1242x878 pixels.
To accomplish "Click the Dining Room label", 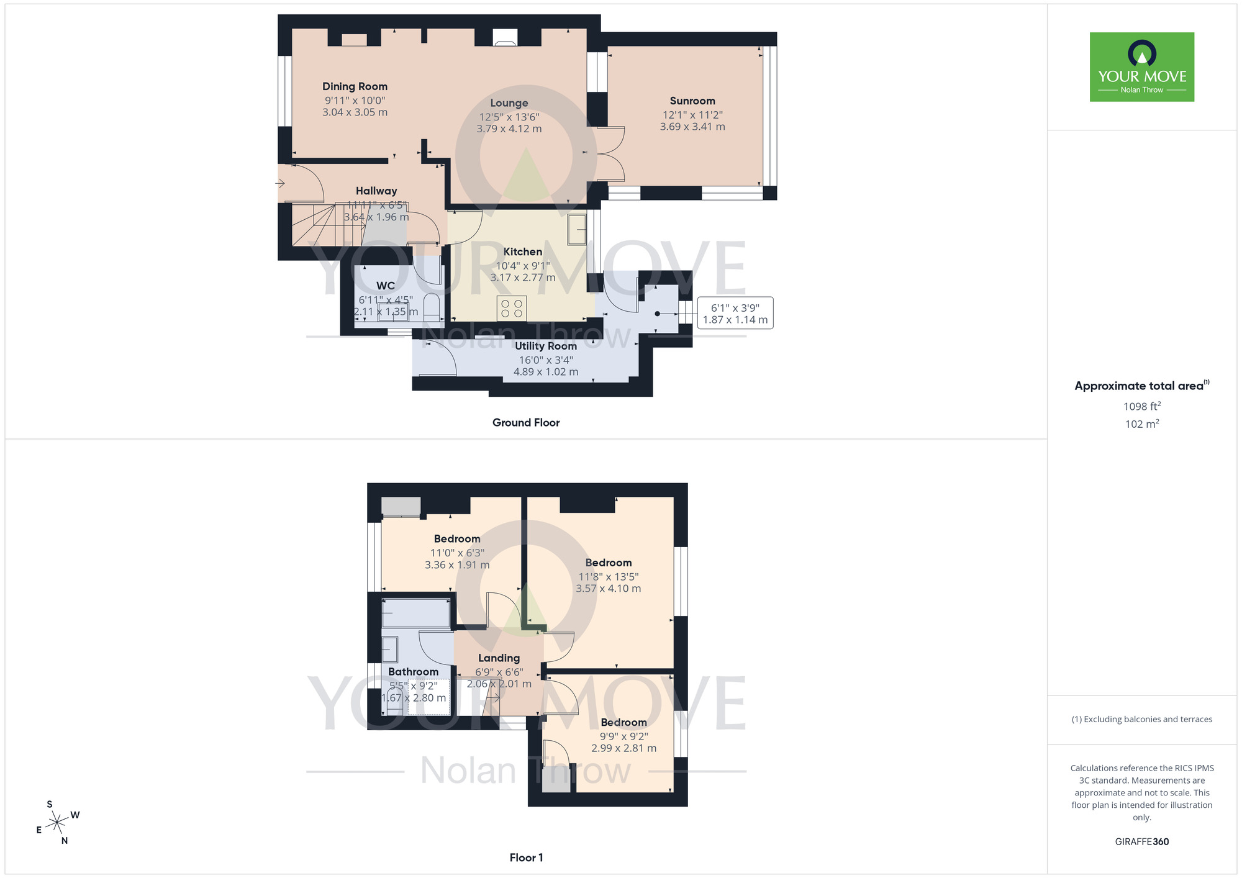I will point(355,86).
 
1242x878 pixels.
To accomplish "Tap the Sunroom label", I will point(692,101).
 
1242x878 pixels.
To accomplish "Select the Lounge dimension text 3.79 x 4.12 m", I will point(509,129).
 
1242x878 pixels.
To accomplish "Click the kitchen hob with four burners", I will point(512,309).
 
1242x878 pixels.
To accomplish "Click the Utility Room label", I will point(545,346).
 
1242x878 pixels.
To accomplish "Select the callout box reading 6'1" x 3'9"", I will point(735,313).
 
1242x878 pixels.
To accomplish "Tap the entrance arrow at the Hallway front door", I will point(280,183).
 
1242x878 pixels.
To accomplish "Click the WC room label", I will point(385,286).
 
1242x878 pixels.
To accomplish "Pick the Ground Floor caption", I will point(526,422).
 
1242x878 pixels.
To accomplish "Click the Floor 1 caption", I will point(526,858).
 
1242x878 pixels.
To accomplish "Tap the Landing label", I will point(499,658).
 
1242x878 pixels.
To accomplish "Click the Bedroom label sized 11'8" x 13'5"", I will point(608,563).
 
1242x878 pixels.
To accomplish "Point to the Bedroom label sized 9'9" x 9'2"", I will point(623,722).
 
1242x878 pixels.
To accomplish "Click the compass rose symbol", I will point(57,823).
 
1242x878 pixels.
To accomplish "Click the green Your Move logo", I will point(1141,67).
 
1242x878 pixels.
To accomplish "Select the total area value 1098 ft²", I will point(1141,407).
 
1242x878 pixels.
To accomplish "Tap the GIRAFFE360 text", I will point(1141,842).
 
